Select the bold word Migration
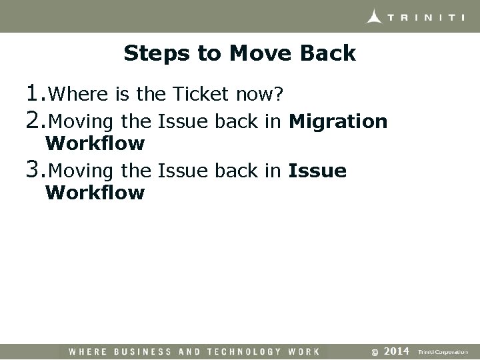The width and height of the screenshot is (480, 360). pyautogui.click(x=338, y=122)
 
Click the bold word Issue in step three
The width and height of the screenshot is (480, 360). pyautogui.click(x=317, y=171)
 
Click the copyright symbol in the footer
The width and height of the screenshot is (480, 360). pyautogui.click(x=375, y=351)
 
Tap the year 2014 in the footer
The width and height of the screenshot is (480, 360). pyautogui.click(x=397, y=351)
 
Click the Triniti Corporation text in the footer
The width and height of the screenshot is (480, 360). pyautogui.click(x=443, y=351)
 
